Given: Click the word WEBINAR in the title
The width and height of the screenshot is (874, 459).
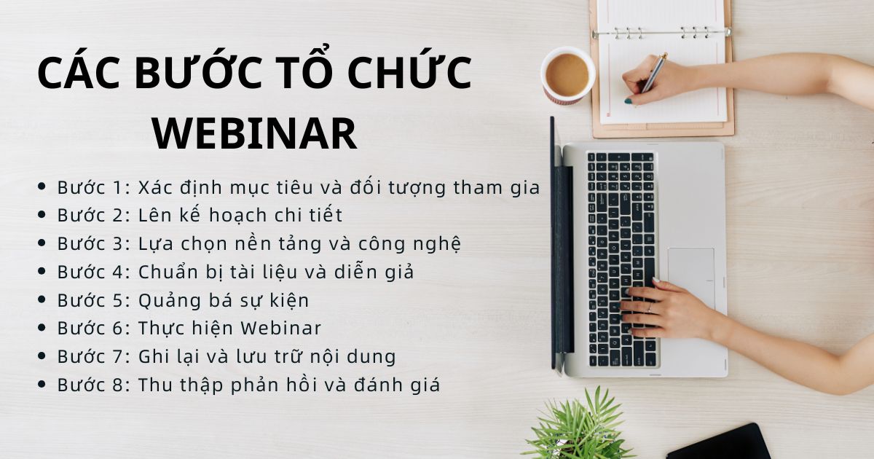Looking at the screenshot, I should click(254, 133).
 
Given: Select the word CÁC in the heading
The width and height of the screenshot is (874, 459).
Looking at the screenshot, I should click(79, 74).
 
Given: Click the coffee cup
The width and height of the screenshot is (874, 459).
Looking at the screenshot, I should click(567, 75).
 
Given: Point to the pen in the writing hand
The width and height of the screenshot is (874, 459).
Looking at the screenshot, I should click(653, 74).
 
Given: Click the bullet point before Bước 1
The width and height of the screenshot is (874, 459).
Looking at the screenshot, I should click(42, 188).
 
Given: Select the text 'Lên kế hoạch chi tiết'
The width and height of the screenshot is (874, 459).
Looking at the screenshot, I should click(240, 216).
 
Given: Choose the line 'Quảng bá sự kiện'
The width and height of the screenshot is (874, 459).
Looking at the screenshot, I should click(224, 300).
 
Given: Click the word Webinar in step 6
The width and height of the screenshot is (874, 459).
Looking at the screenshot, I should click(280, 328).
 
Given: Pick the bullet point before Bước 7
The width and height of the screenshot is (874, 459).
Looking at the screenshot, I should click(42, 357).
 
